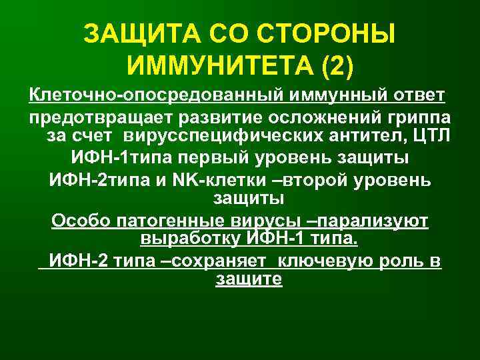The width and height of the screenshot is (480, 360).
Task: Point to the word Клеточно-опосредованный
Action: click(x=156, y=95)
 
